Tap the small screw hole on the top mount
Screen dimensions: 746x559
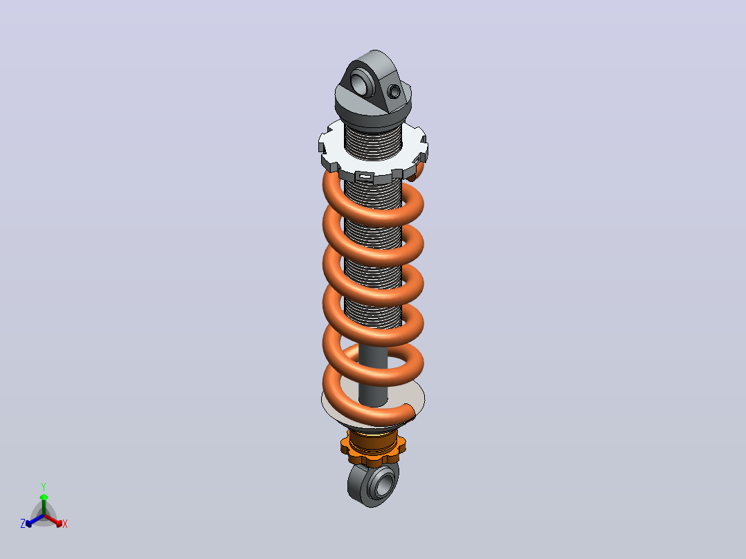(394, 91)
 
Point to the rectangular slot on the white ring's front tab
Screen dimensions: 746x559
(365, 177)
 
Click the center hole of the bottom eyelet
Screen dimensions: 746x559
(383, 484)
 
